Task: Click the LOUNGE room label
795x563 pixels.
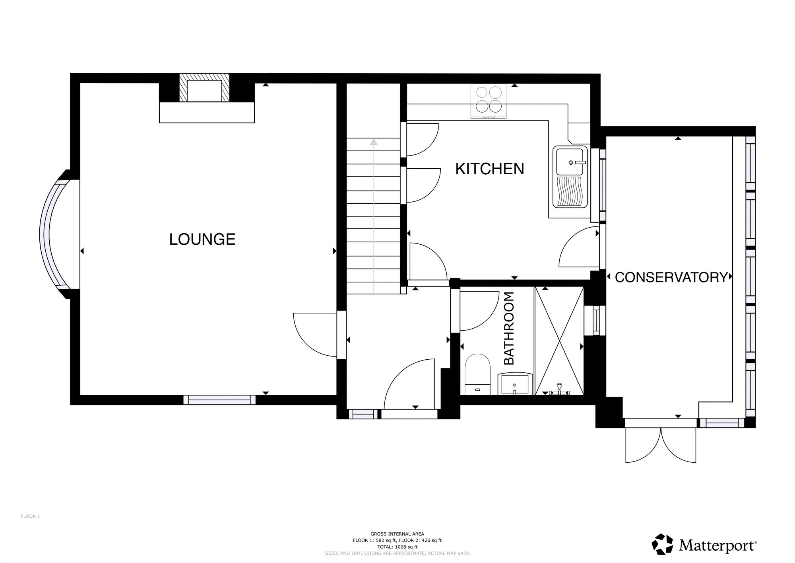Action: pos(202,239)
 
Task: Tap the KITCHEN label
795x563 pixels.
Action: pos(490,169)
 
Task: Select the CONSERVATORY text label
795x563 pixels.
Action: pos(671,277)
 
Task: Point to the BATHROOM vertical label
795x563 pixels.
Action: pos(509,328)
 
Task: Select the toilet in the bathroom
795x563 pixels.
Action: pos(477,374)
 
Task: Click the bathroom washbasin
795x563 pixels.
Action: pos(515,384)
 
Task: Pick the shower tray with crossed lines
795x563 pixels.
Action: pos(559,341)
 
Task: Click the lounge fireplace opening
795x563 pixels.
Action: pos(204,91)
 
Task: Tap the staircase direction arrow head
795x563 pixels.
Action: pos(373,142)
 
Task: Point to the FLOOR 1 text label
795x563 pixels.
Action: pos(30,516)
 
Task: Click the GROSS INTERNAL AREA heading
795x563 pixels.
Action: pos(397,534)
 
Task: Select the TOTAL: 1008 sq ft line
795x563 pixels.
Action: pos(397,547)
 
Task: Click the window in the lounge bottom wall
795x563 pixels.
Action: pos(219,400)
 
